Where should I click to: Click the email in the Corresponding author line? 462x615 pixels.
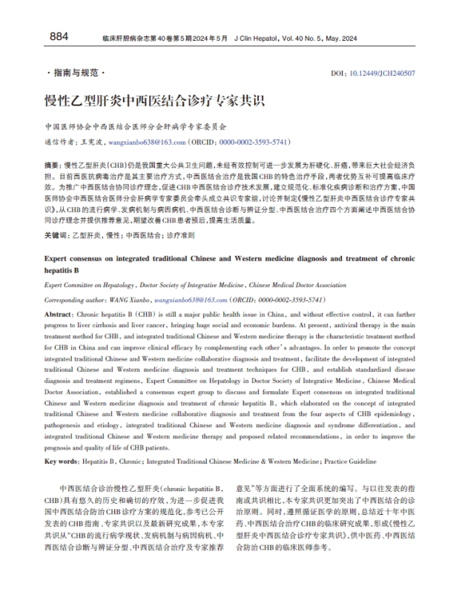click(x=190, y=300)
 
